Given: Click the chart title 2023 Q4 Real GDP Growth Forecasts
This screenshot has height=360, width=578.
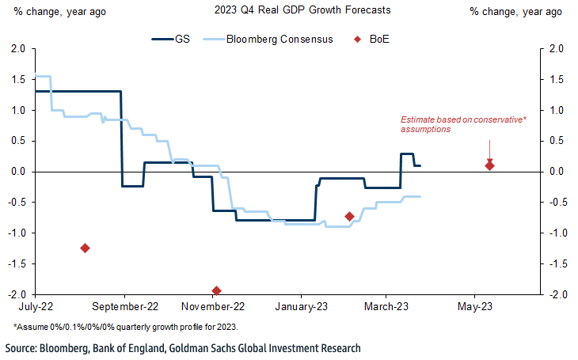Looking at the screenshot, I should [289, 11].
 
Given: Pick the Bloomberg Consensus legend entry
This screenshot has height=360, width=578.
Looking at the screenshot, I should [277, 38].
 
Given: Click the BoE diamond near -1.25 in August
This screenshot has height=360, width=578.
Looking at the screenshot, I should [85, 248].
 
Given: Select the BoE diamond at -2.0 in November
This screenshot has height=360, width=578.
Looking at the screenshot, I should [216, 291].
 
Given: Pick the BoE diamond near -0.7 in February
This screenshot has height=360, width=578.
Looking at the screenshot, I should [349, 216].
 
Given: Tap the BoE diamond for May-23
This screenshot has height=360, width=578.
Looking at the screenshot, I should [489, 165].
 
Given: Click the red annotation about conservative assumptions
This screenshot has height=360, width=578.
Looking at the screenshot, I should [463, 123].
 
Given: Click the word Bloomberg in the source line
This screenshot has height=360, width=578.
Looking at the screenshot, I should [67, 347].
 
